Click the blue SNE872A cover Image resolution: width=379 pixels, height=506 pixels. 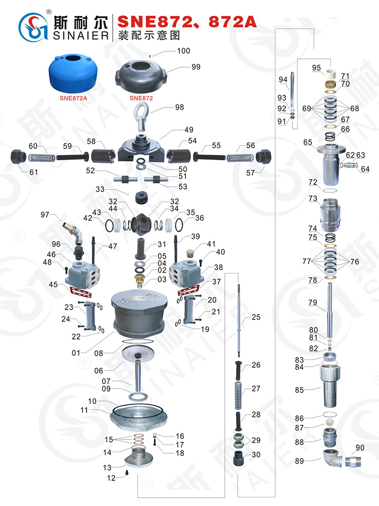[x=73, y=74]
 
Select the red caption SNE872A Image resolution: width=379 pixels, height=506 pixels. [x=73, y=98]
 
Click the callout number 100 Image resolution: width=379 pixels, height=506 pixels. [x=183, y=51]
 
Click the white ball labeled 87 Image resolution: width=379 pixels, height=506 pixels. [x=329, y=423]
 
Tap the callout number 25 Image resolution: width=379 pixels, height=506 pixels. [x=256, y=317]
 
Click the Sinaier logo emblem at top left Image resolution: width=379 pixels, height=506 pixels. [x=33, y=28]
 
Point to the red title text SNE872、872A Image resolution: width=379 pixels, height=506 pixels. [x=187, y=22]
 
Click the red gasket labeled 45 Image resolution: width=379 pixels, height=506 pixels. [x=81, y=291]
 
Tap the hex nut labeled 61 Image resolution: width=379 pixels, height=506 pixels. [x=18, y=157]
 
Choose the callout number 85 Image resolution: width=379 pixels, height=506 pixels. [x=299, y=390]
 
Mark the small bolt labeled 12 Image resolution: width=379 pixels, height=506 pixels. [x=127, y=473]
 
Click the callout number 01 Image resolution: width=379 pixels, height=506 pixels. [x=76, y=353]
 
